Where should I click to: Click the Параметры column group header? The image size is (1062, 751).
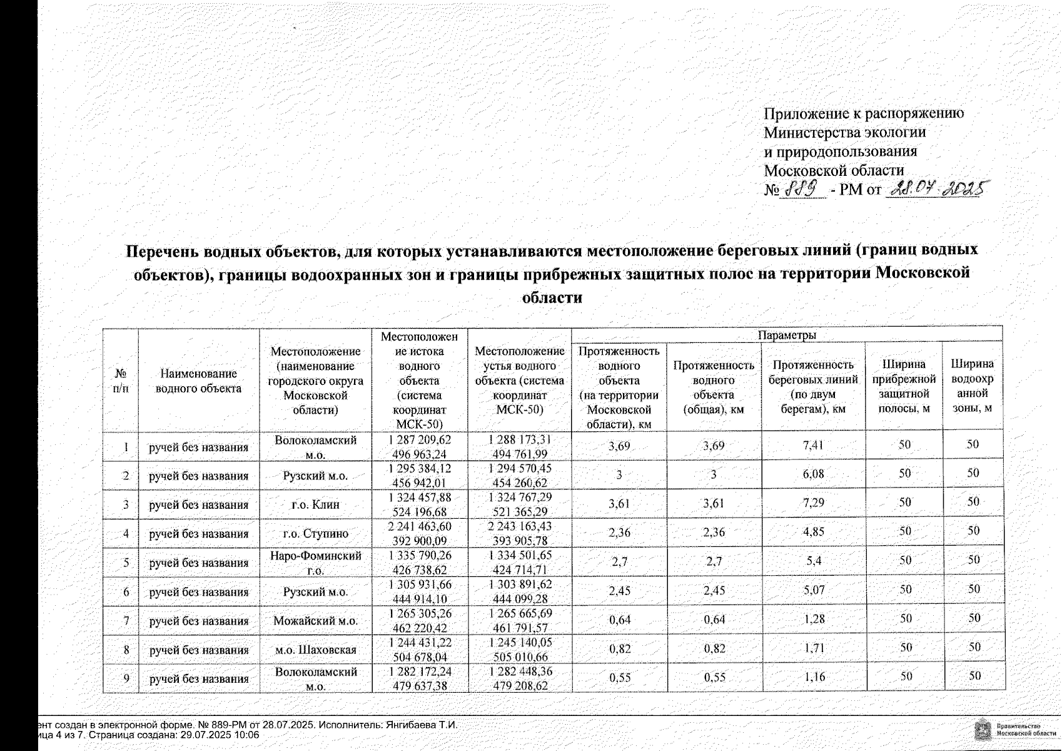tap(787, 335)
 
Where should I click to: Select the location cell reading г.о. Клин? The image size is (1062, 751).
tap(316, 505)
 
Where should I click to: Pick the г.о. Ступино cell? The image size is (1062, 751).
tap(316, 534)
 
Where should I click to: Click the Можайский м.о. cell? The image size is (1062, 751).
tap(316, 621)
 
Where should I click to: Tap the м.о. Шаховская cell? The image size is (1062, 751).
tap(316, 650)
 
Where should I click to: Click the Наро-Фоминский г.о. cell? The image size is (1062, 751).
tap(316, 563)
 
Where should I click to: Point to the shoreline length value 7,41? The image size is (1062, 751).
tap(813, 446)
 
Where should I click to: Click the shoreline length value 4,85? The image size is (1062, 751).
tap(813, 533)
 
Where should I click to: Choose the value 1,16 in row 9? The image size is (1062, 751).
tap(813, 677)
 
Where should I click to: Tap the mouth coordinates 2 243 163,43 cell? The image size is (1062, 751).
tap(519, 533)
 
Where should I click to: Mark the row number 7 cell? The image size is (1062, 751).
tap(126, 621)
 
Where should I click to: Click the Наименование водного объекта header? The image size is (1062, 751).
tap(198, 381)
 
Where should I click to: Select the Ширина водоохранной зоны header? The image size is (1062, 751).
tap(972, 386)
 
